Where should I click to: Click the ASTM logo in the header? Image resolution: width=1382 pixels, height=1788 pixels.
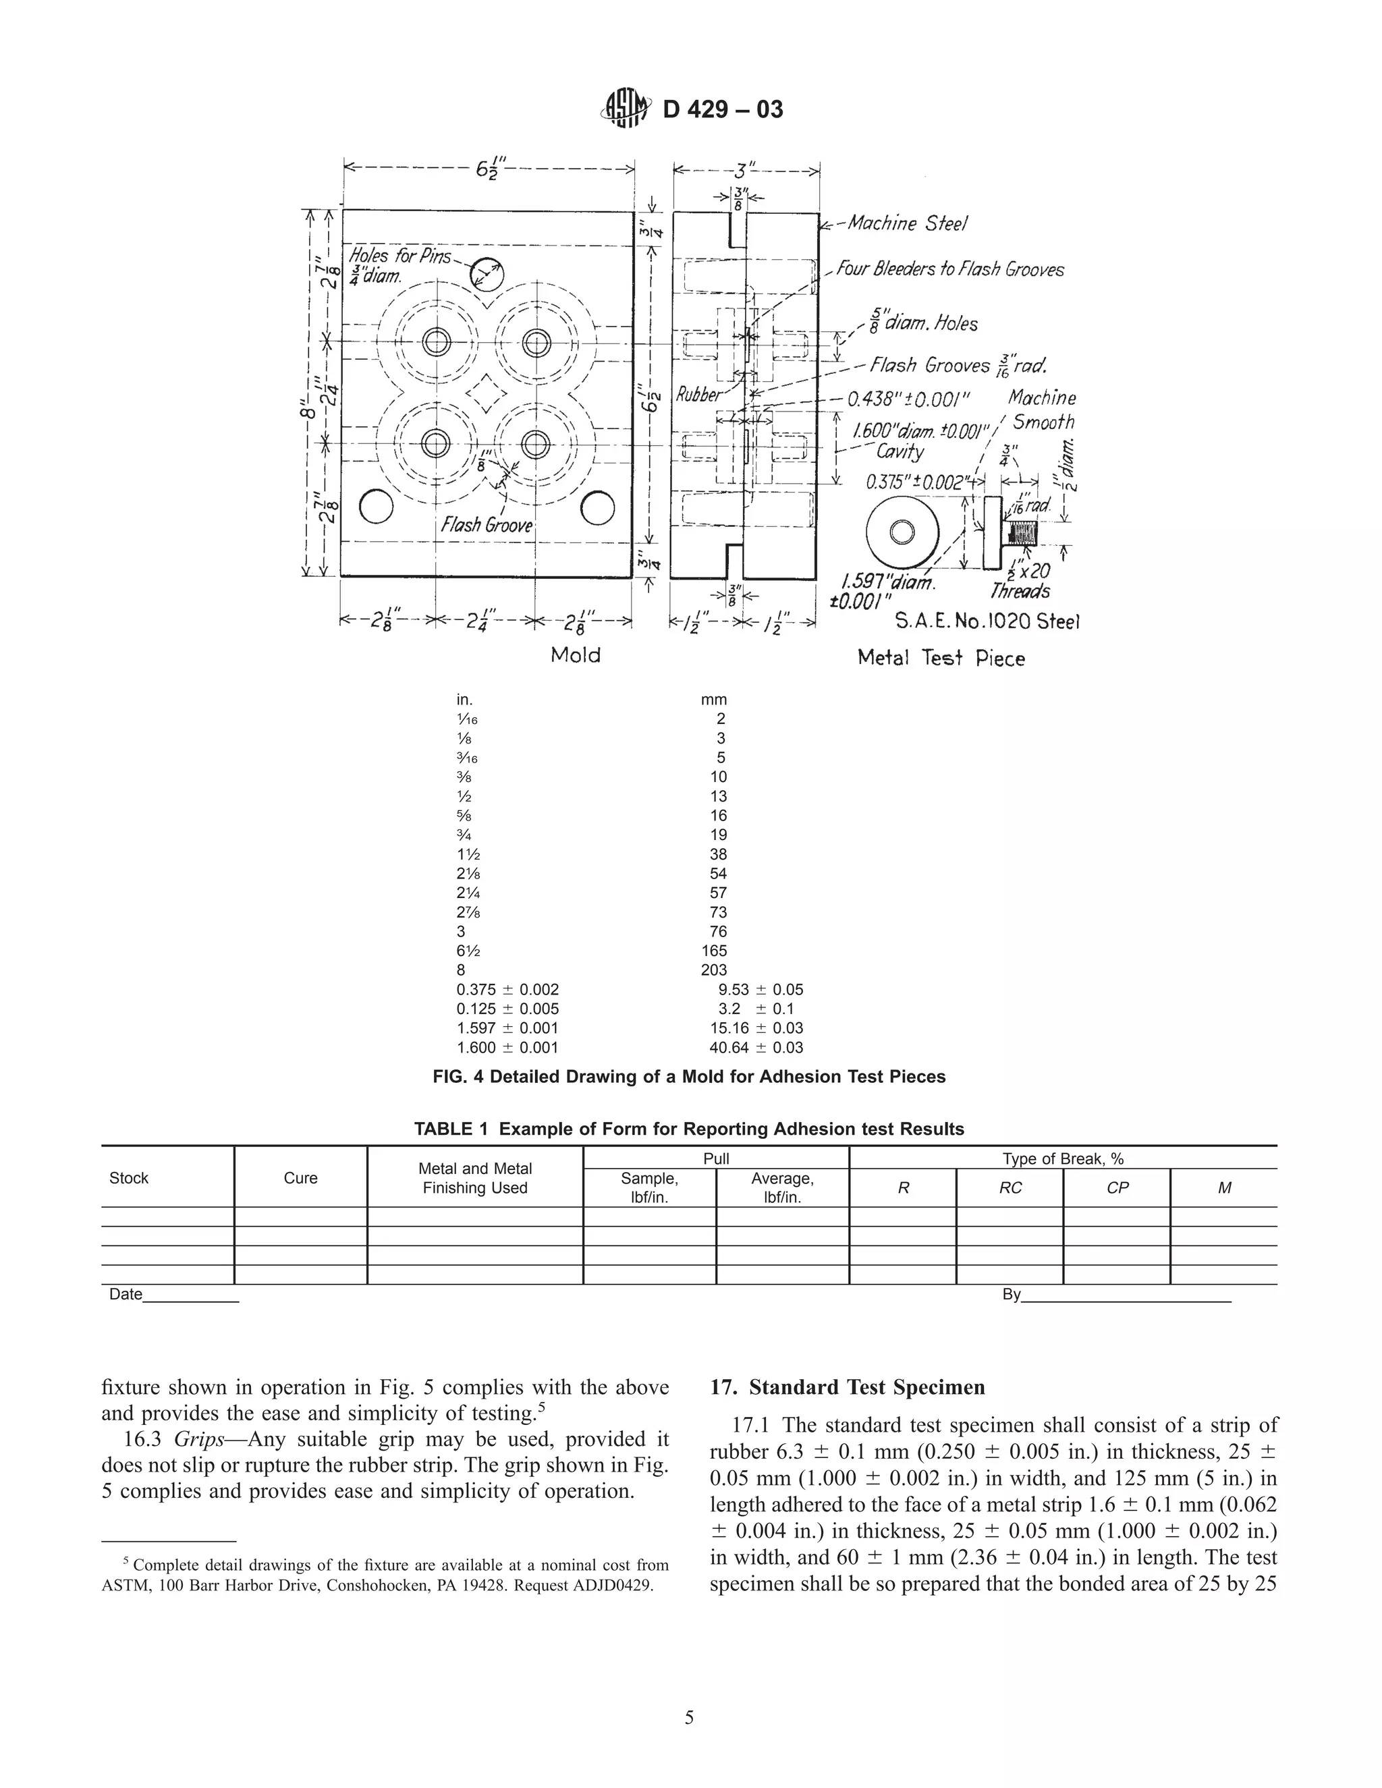pos(627,109)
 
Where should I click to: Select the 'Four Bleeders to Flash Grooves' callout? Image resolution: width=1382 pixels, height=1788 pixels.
pos(949,269)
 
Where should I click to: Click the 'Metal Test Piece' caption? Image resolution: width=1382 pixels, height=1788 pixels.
pos(941,659)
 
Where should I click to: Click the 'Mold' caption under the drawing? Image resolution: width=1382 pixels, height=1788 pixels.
pos(576,655)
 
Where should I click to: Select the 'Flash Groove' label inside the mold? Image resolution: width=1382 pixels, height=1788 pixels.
pos(487,525)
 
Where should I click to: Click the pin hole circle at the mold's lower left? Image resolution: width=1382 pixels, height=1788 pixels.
pos(377,507)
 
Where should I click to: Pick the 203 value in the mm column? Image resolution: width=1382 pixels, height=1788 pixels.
pos(714,970)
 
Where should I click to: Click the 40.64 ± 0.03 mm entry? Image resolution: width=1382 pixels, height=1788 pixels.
pos(756,1047)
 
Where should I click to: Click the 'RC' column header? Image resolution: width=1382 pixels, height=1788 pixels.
pos(1010,1188)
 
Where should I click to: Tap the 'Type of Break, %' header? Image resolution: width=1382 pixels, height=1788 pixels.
pos(1063,1158)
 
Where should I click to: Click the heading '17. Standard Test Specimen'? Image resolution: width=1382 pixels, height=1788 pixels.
pos(848,1388)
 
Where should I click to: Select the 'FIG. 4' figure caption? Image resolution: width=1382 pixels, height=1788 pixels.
pos(688,1077)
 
